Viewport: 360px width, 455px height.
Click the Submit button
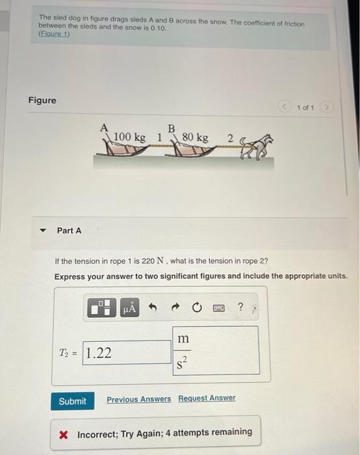72,400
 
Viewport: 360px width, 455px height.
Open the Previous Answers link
138,398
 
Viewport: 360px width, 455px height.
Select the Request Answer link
207,398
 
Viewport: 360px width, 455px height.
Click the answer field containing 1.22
127,352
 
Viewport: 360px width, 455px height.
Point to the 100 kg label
129,137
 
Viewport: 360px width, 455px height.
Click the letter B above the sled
172,127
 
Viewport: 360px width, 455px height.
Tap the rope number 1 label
160,137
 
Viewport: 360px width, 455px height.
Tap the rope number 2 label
230,138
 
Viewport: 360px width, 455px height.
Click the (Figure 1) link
54,33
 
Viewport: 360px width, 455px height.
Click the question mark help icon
240,308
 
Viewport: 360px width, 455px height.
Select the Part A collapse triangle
43,231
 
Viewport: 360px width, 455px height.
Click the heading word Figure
42,100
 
